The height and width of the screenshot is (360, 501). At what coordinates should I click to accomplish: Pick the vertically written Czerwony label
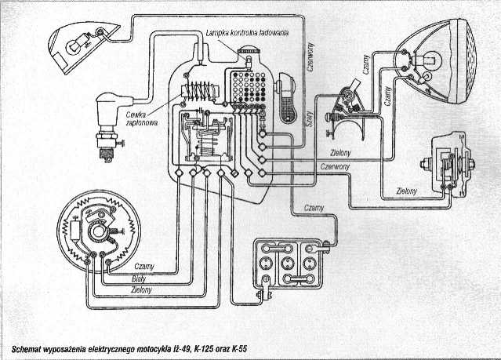[x=309, y=57]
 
